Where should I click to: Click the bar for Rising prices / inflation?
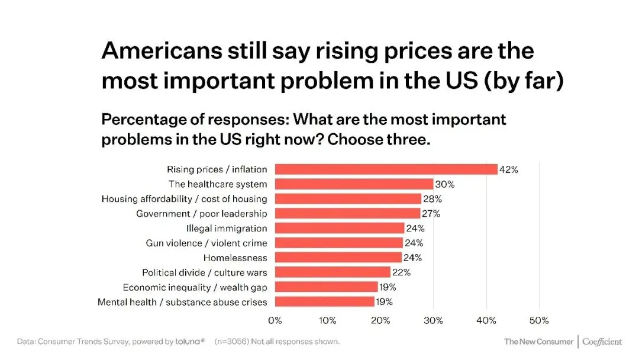point(386,169)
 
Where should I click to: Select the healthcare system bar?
point(354,184)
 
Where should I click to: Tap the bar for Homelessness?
point(338,258)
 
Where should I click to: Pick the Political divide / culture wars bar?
point(333,272)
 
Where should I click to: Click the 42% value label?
point(509,169)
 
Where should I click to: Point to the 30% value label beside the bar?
point(445,184)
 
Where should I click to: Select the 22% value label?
point(401,272)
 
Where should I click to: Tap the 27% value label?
point(431,214)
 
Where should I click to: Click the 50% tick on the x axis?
point(539,320)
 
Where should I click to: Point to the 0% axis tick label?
point(275,320)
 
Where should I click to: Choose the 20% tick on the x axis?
point(380,320)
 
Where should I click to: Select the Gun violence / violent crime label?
point(206,243)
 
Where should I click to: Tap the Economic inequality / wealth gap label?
point(195,287)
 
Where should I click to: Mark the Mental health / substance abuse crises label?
point(182,302)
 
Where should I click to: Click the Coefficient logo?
point(602,342)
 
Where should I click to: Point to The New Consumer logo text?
point(538,342)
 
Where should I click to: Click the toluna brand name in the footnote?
point(189,342)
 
